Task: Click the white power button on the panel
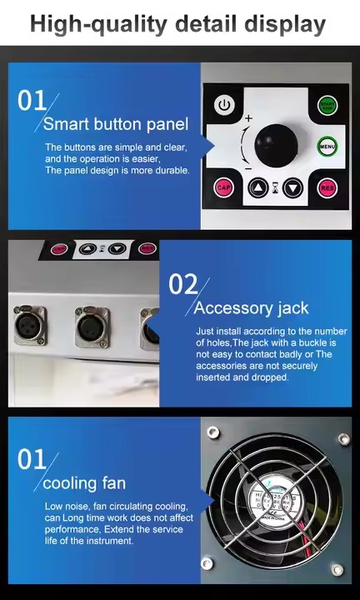223,105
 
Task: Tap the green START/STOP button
327,106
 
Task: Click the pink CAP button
223,187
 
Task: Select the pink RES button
327,187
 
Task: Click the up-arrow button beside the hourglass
258,187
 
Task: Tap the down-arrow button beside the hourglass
292,187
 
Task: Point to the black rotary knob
274,145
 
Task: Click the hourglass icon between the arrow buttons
275,187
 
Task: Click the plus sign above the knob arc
248,119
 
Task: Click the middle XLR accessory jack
92,327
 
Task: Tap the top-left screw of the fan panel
213,432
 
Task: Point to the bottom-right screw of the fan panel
337,570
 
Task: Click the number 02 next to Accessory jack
182,284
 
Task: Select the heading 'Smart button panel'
116,125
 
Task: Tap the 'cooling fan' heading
84,483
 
